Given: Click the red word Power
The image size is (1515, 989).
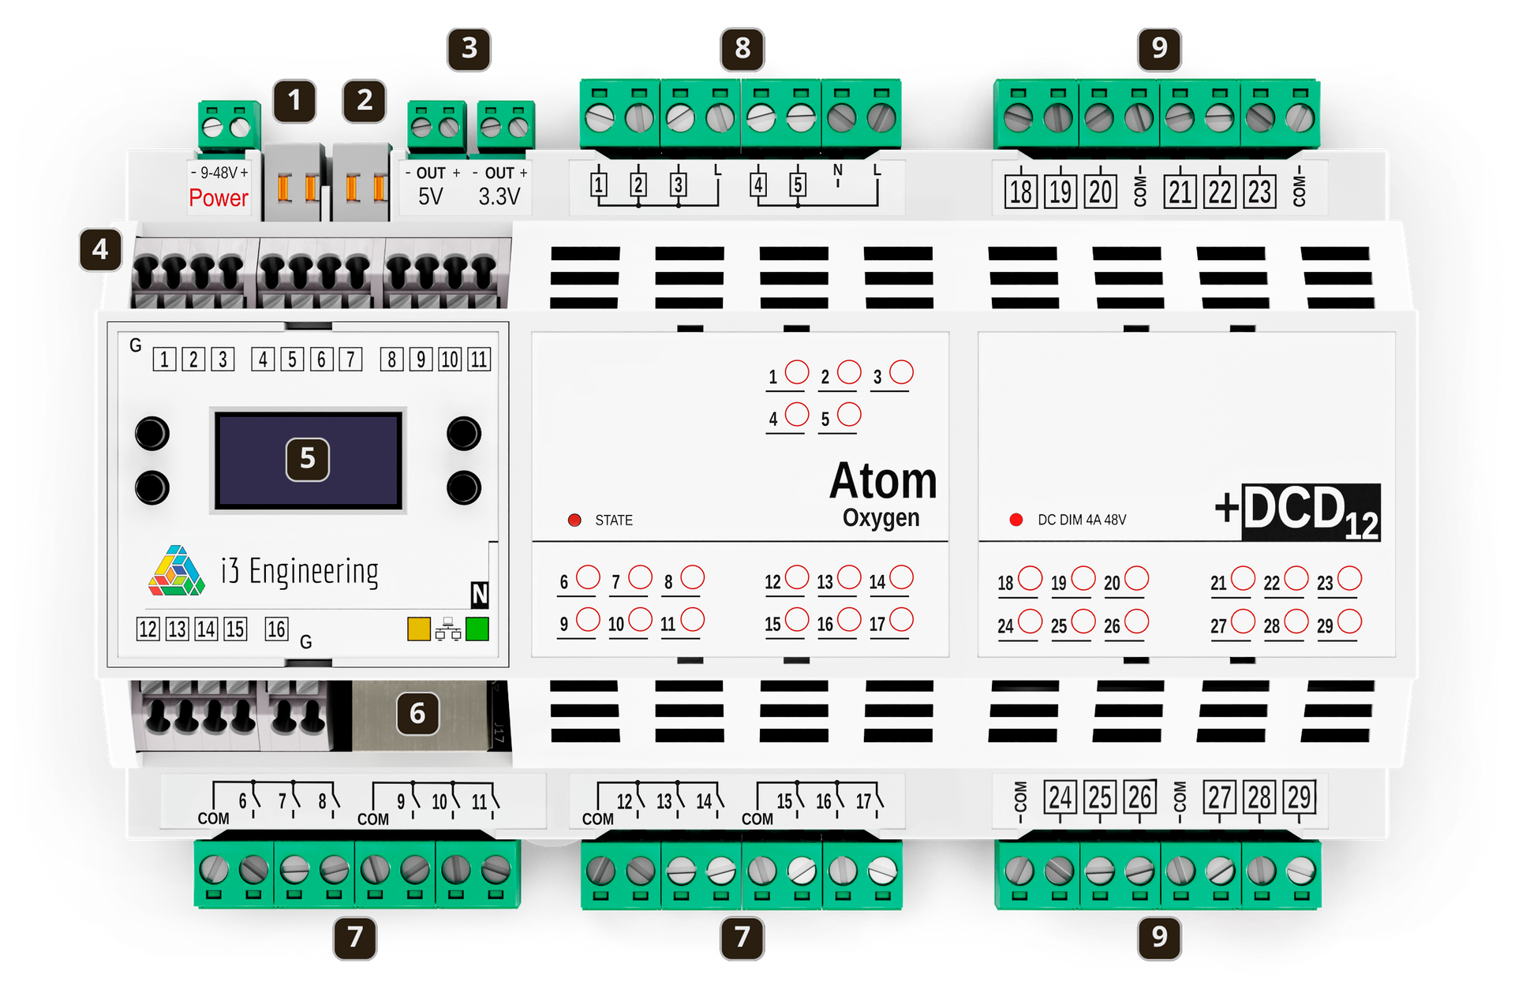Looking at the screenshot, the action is pyautogui.click(x=219, y=197).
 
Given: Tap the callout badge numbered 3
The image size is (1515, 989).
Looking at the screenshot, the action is pyautogui.click(x=469, y=49).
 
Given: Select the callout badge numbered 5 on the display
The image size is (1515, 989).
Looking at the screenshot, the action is pyautogui.click(x=308, y=459).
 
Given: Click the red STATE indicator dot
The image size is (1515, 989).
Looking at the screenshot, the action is pyautogui.click(x=574, y=520).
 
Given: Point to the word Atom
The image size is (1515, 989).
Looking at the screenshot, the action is pyautogui.click(x=884, y=481).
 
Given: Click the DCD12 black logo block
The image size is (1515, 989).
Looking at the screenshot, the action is pyautogui.click(x=1311, y=512).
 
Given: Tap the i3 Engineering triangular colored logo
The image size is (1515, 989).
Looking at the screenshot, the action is pyautogui.click(x=177, y=570).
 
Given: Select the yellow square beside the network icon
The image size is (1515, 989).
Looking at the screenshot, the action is pyautogui.click(x=419, y=629).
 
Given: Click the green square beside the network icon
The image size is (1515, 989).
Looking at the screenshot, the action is pyautogui.click(x=477, y=629).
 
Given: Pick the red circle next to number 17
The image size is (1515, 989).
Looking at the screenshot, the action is pyautogui.click(x=901, y=620).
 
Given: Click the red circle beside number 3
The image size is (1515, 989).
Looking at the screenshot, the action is pyautogui.click(x=901, y=372).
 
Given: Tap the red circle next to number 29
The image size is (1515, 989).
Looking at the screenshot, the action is pyautogui.click(x=1349, y=621).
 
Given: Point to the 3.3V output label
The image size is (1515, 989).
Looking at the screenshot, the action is pyautogui.click(x=499, y=196).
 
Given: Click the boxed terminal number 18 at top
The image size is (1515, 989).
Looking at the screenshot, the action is pyautogui.click(x=1020, y=192).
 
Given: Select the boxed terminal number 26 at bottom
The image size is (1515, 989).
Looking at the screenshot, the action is pyautogui.click(x=1139, y=797).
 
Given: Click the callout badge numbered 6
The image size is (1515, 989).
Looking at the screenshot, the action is pyautogui.click(x=418, y=713).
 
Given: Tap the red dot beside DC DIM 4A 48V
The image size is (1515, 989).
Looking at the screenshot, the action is pyautogui.click(x=1016, y=520).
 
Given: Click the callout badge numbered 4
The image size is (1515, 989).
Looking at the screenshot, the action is pyautogui.click(x=100, y=250).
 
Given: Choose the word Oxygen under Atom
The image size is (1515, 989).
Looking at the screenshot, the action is pyautogui.click(x=881, y=519).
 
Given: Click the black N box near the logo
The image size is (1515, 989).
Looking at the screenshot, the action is pyautogui.click(x=480, y=594).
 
